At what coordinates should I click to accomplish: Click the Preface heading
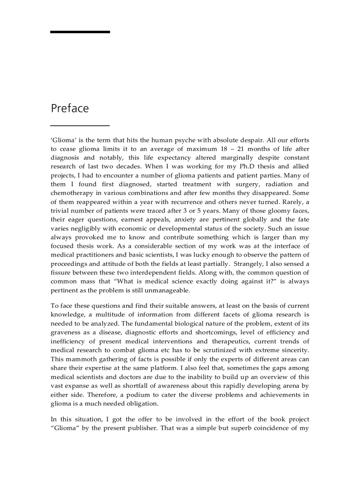coord(70,108)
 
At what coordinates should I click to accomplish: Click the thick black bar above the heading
coord(80,32)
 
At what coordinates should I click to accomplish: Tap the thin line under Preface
coord(80,126)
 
